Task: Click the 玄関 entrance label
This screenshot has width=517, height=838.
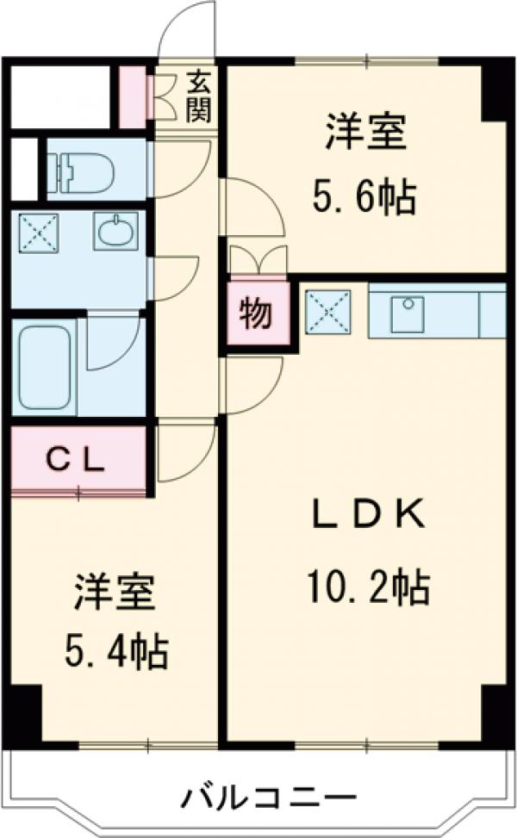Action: coord(198,96)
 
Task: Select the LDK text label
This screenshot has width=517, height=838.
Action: coord(367,516)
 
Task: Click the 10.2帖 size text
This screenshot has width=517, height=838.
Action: coord(366,588)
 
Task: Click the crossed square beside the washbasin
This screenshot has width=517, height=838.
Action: coord(35,232)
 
